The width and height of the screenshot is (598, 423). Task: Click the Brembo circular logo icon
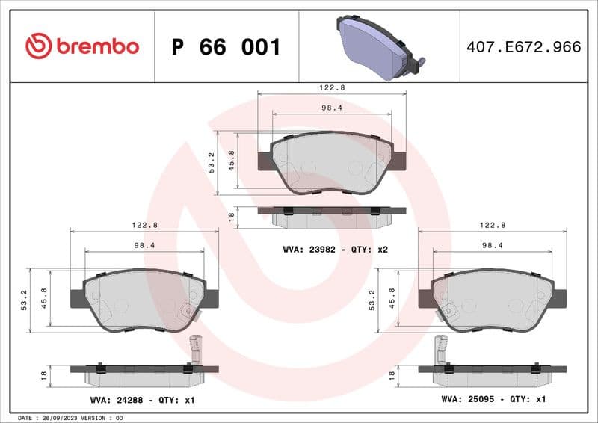38,46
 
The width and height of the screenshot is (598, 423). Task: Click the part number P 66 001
226,47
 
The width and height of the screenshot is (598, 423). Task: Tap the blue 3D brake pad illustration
378,46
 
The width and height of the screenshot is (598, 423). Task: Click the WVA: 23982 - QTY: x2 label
333,250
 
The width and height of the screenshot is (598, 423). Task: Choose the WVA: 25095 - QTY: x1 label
493,401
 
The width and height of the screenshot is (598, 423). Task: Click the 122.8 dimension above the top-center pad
332,87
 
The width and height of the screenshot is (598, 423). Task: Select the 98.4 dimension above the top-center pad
331,108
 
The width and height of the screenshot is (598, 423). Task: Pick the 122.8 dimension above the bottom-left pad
144,225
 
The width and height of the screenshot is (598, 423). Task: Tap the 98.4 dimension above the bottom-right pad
492,245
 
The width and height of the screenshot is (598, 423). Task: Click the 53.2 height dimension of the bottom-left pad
25,300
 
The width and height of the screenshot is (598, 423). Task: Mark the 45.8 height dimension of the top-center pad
232,161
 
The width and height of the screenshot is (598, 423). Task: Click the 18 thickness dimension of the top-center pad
232,217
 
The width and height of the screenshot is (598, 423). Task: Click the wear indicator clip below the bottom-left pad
197,351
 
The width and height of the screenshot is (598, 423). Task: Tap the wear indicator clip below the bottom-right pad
441,351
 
